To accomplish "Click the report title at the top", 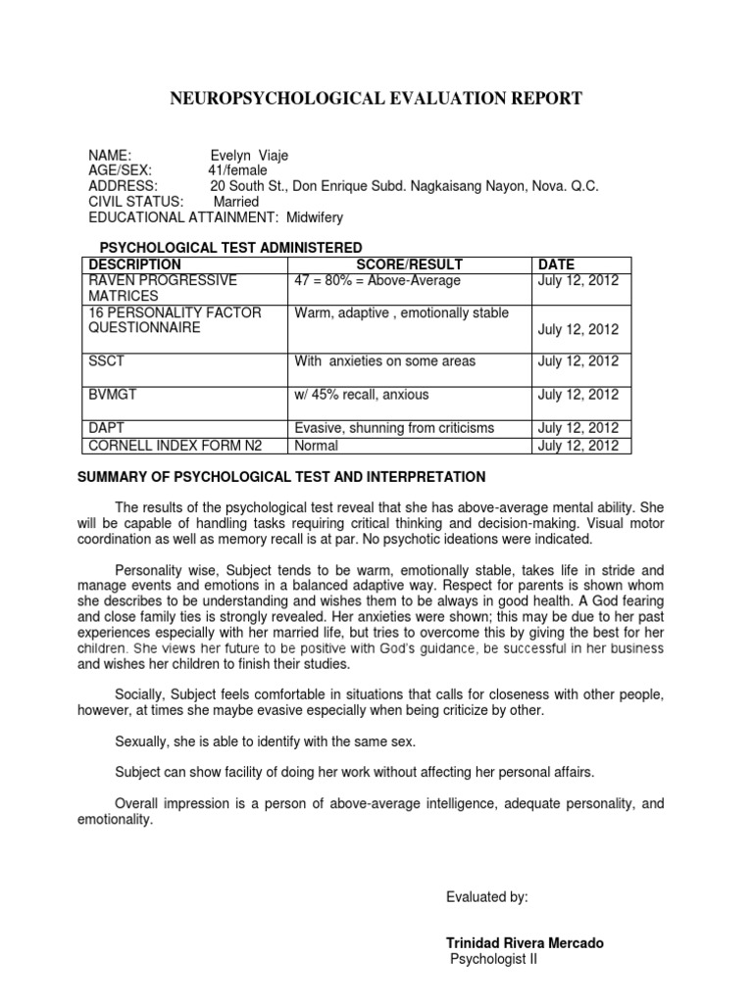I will [x=376, y=98].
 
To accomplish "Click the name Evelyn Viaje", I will [x=249, y=155].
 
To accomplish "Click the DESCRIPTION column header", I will [x=134, y=264].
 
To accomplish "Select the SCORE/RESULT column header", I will [x=410, y=264].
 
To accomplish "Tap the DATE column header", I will [x=556, y=264].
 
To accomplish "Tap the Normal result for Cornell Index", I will [x=316, y=446].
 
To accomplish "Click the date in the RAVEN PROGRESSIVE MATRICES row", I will [x=578, y=280].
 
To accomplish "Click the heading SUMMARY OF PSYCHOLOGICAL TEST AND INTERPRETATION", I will [x=281, y=477].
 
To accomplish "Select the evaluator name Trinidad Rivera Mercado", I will [x=526, y=943].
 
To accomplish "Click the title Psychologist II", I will [x=493, y=959].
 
